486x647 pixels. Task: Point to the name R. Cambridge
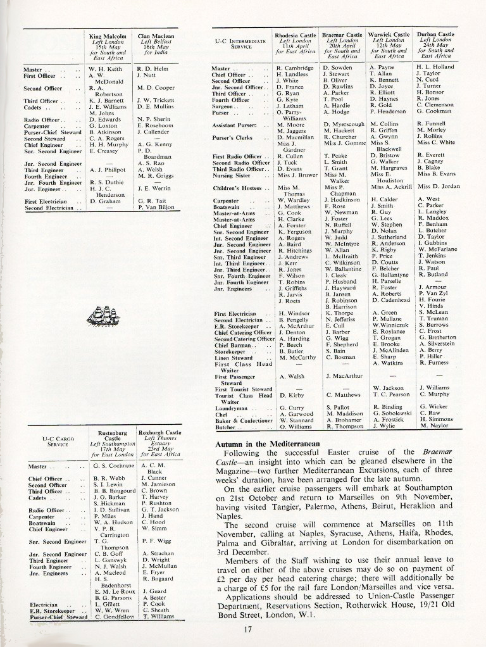[x=296, y=67]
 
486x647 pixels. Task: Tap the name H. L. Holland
[x=436, y=67]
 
